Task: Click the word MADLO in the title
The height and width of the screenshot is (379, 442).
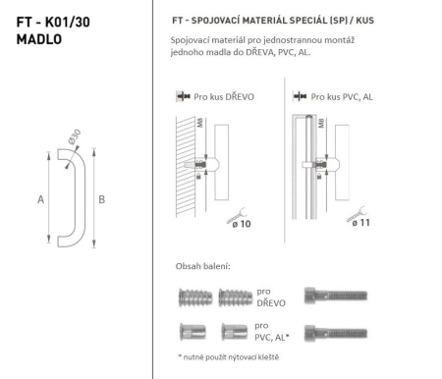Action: pos(33,39)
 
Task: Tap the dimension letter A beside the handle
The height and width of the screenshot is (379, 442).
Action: pos(39,197)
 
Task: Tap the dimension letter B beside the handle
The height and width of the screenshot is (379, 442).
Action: pos(101,197)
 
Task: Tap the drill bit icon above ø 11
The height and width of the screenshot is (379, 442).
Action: pos(356,208)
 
